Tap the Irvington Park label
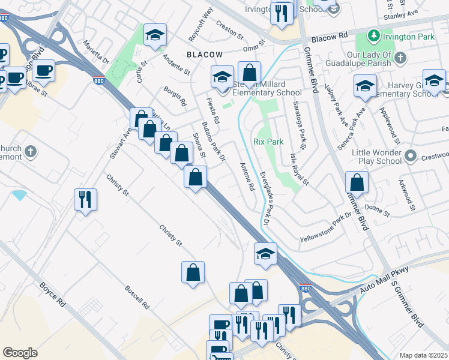409,37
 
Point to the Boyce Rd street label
52,292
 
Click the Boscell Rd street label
136,293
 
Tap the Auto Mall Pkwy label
384,280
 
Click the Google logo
20,353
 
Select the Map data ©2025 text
423,355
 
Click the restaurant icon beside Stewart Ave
85,199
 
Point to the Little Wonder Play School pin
411,157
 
